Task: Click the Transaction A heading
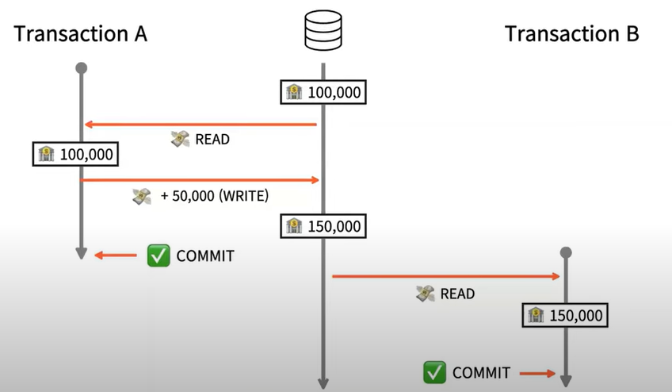(81, 34)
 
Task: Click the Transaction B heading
(571, 34)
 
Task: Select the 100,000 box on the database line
(323, 92)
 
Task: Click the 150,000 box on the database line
(323, 226)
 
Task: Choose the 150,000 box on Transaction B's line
(566, 316)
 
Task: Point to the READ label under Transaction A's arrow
(212, 139)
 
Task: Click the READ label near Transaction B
(457, 294)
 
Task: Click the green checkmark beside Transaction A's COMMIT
(158, 256)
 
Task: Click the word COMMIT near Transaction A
(205, 256)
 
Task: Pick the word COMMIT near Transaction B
(481, 371)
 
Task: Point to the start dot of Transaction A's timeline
(81, 68)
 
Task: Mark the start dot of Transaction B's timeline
(566, 253)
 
